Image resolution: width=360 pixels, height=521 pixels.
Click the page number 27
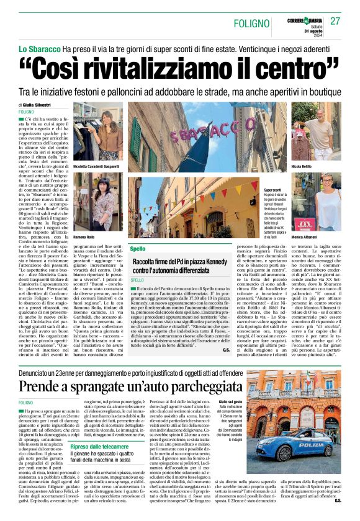(x=335, y=22)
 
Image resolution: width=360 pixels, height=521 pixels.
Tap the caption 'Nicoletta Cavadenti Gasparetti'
(x=98, y=167)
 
